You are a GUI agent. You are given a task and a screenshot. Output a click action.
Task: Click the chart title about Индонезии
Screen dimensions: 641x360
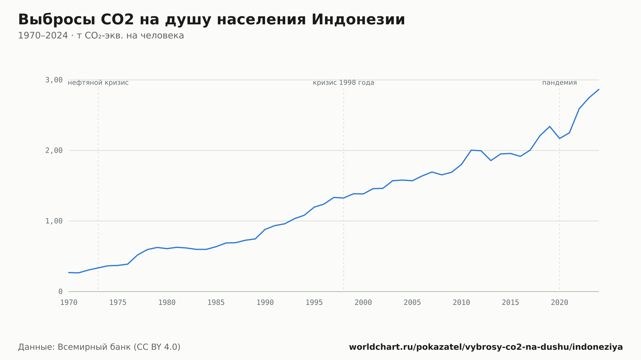coord(212,20)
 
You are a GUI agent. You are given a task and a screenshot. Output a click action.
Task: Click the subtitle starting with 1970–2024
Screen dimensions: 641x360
coord(101,36)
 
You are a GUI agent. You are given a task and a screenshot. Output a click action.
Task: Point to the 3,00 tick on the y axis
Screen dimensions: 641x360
coord(54,80)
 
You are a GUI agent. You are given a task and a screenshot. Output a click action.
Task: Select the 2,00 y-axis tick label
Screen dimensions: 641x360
coord(54,151)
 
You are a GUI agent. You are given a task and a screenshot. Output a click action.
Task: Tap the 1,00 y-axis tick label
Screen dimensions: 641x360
coord(54,221)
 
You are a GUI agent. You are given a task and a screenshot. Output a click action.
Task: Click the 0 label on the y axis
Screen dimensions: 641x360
coord(60,291)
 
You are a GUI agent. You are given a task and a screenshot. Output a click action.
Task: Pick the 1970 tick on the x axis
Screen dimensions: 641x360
coord(69,303)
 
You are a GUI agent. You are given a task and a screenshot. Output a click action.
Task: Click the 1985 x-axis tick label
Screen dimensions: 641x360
coord(216,303)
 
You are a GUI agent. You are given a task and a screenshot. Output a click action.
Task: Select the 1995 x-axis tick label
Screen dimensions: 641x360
coord(314,303)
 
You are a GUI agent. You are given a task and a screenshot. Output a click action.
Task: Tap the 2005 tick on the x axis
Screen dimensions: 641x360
coord(412,303)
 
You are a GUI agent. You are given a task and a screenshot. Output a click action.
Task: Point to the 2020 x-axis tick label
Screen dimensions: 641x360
coord(560,303)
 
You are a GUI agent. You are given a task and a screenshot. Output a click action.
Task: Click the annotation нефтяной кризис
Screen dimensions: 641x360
coord(98,83)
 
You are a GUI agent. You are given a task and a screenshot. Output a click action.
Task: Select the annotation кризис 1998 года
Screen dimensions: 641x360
coord(344,83)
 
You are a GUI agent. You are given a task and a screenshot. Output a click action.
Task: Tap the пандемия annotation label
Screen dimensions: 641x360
coord(560,83)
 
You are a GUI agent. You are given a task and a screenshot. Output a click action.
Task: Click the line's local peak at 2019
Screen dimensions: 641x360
coord(550,127)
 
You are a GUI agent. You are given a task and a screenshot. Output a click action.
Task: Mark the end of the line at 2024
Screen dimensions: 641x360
coord(599,89)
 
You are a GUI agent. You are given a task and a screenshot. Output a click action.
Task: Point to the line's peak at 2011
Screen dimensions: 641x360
coord(471,150)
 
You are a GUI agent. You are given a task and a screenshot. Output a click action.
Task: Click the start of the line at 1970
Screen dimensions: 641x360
coord(69,273)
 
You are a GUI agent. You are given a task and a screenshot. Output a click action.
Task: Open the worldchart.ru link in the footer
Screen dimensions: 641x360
coord(486,347)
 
